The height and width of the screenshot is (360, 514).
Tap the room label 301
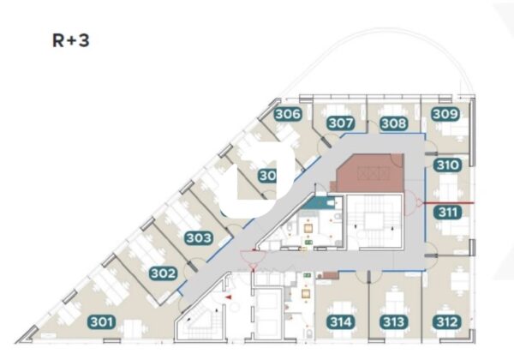tap(101, 322)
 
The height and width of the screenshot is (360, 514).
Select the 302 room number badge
tap(163, 274)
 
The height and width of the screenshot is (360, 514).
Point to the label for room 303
tap(199, 237)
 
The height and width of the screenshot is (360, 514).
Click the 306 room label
tap(288, 114)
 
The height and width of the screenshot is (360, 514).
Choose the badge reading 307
tap(341, 123)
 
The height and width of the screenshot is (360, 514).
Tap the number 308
tap(393, 123)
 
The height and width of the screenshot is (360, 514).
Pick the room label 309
tap(445, 114)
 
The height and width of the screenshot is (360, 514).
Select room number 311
tap(447, 212)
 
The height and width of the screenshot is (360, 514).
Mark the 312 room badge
tap(445, 322)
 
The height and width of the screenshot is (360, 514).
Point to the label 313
tap(393, 322)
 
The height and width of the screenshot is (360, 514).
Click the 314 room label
tap(341, 322)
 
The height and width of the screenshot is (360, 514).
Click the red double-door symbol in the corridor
tap(250, 255)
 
